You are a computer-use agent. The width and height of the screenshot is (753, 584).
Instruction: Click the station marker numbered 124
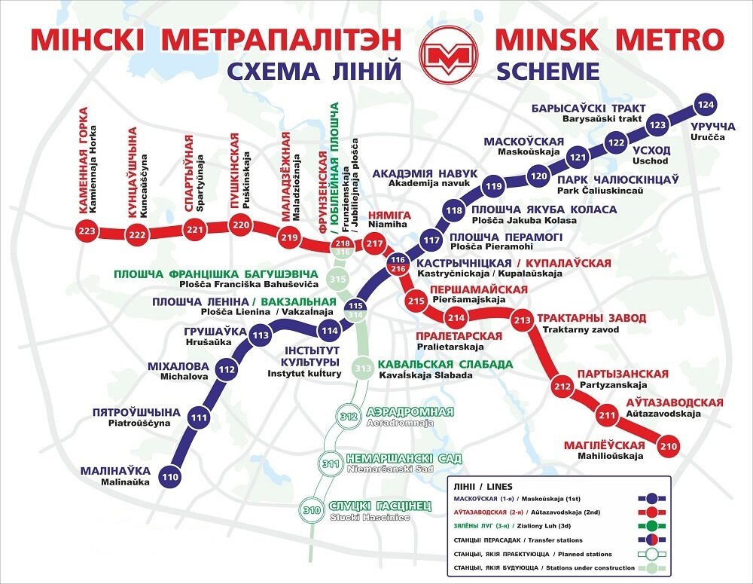pyautogui.click(x=705, y=104)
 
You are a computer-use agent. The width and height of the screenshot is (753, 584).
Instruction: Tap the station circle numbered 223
pyautogui.click(x=88, y=231)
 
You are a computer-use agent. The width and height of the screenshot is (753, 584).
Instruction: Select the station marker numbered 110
pyautogui.click(x=171, y=476)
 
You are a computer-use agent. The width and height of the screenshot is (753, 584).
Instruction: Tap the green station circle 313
pyautogui.click(x=364, y=368)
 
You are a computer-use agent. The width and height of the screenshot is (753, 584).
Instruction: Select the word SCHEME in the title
pyautogui.click(x=547, y=72)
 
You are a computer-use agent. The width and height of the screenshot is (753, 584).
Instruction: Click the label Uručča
pyautogui.click(x=707, y=139)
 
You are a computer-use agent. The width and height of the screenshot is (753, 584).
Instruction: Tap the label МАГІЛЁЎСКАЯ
pyautogui.click(x=605, y=445)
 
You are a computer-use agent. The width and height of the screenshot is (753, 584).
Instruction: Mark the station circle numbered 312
pyautogui.click(x=349, y=417)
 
